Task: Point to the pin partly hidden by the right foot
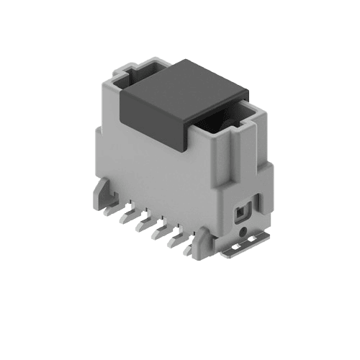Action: click(x=189, y=251)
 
